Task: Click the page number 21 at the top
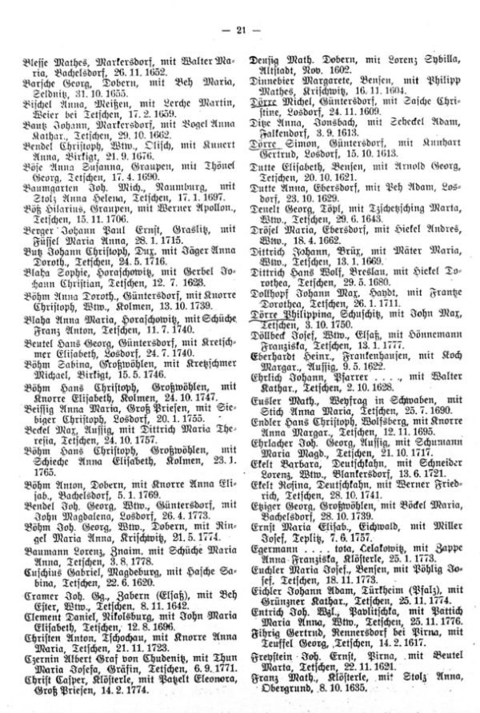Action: pos(239,30)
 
